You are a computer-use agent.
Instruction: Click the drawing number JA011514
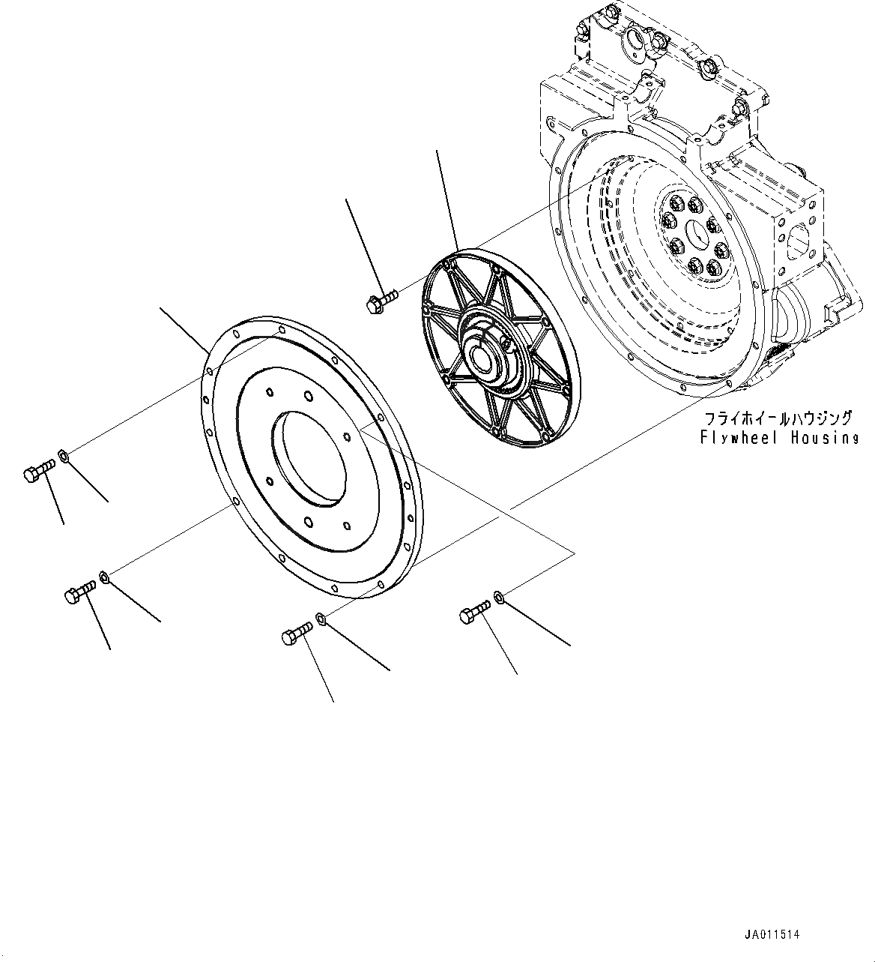pyautogui.click(x=772, y=935)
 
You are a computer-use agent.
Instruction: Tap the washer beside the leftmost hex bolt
pyautogui.click(x=64, y=454)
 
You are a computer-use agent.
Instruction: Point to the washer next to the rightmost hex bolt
pyautogui.click(x=498, y=598)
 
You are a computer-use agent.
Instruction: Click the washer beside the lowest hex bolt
pyautogui.click(x=320, y=618)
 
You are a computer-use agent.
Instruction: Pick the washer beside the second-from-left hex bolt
pyautogui.click(x=105, y=577)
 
